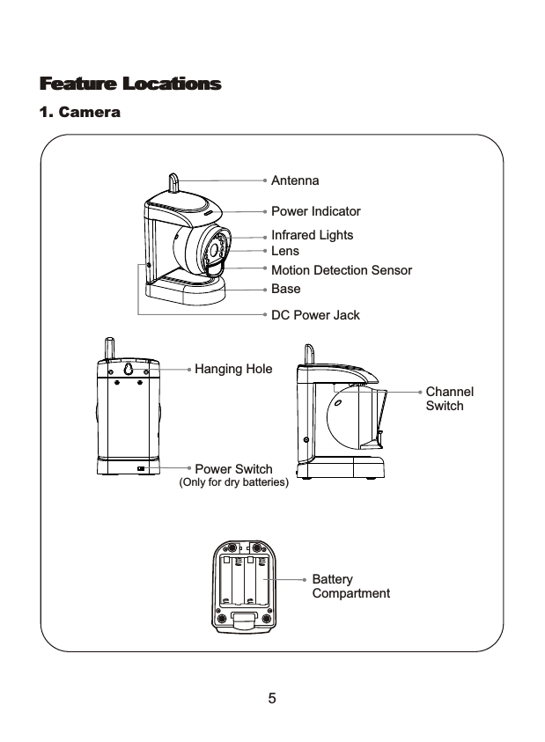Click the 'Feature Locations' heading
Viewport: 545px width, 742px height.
(129, 84)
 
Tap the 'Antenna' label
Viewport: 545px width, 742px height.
(295, 180)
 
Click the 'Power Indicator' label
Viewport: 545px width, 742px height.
(315, 212)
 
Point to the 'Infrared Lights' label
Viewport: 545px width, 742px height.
(312, 235)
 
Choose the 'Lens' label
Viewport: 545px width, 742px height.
(285, 252)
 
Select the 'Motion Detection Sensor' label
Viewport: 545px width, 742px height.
(341, 270)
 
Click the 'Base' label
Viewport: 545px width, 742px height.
(285, 289)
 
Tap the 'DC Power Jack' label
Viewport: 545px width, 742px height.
(314, 315)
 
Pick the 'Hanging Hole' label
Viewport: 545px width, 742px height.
(233, 369)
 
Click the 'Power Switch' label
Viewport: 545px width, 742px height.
(233, 469)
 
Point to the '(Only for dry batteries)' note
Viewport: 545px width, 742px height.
(234, 483)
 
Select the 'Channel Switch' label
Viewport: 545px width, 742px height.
(449, 398)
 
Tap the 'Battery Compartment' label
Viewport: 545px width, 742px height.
(350, 586)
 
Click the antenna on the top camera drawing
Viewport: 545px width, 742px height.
(174, 182)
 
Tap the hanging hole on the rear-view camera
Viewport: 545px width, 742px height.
(128, 371)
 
